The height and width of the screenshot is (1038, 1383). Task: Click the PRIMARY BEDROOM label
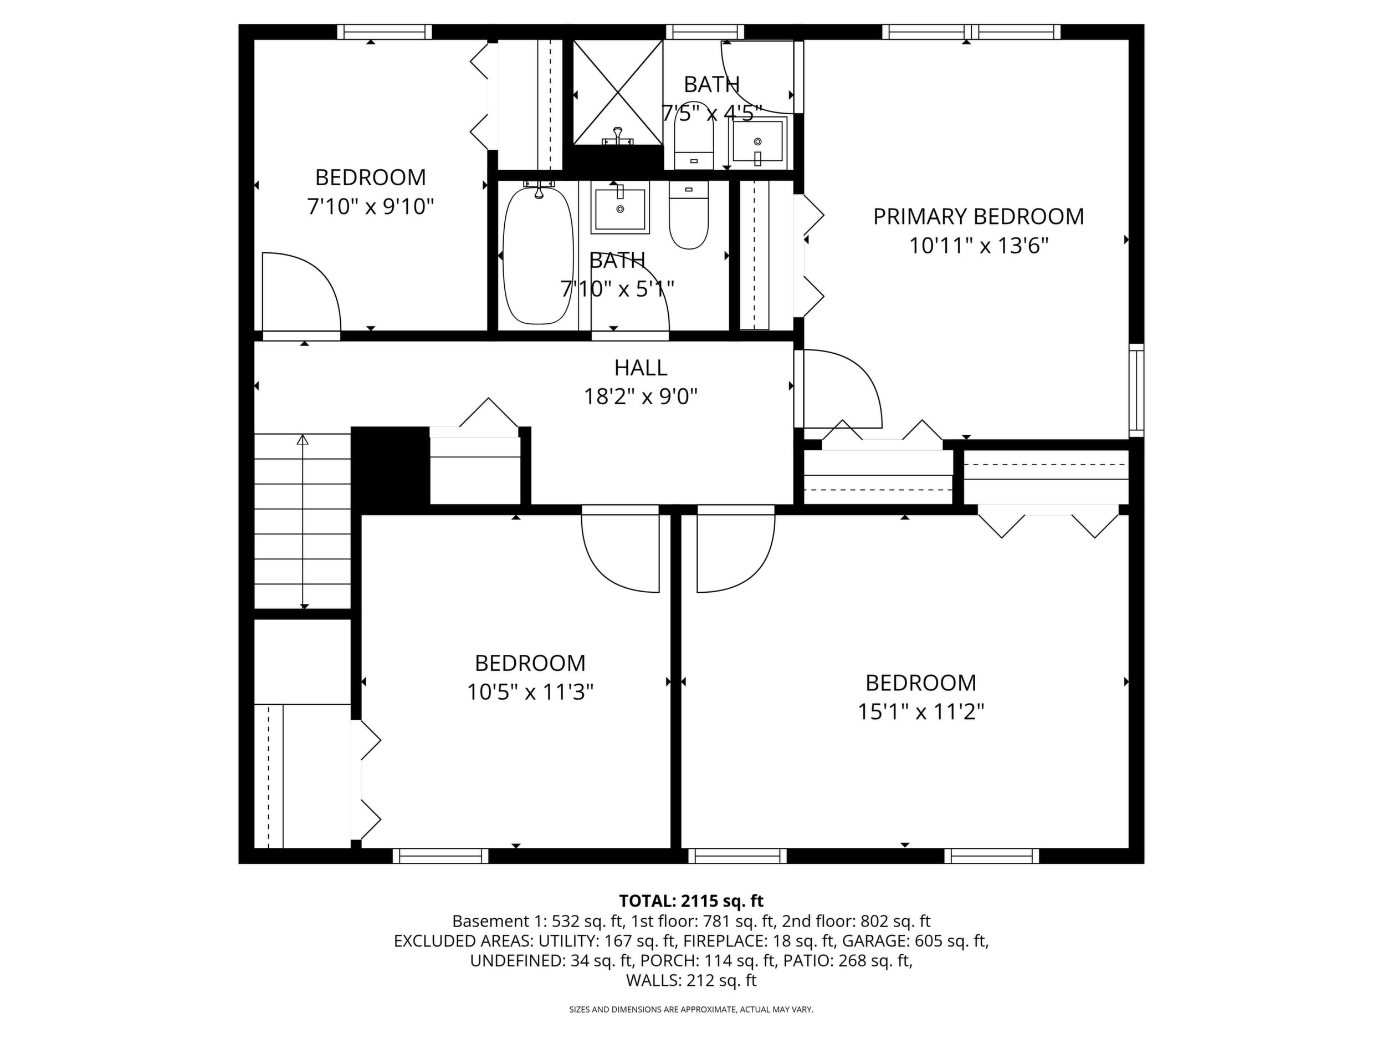coord(978,216)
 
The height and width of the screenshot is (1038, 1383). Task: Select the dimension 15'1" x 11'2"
coord(921,711)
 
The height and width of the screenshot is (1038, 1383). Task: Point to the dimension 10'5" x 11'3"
coord(530,692)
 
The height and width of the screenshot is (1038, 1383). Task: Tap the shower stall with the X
coord(618,93)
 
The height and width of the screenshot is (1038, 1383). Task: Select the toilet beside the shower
coord(694,135)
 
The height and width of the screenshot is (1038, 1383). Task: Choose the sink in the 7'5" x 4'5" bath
coord(759,142)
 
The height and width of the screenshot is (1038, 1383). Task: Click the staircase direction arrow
coord(303,521)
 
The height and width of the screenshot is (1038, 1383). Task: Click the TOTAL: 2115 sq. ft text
coord(691,901)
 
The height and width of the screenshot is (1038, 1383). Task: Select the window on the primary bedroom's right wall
coord(1136,390)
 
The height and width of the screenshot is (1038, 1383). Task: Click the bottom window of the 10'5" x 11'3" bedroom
coord(441,856)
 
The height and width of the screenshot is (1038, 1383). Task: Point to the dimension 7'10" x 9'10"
coord(370,206)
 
